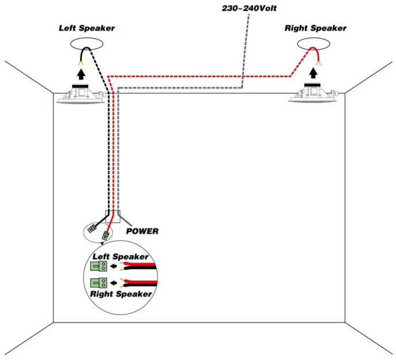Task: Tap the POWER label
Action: (x=142, y=232)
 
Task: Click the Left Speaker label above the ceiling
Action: (x=86, y=28)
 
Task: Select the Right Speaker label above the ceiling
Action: (x=315, y=28)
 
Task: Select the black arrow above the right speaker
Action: (x=313, y=73)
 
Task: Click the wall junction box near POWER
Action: (x=113, y=215)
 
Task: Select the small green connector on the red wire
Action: (x=105, y=235)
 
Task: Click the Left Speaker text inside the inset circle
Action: (x=121, y=256)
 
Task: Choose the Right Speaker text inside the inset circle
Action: (x=121, y=294)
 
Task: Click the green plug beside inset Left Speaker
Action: (x=98, y=266)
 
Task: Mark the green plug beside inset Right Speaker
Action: (x=98, y=283)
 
